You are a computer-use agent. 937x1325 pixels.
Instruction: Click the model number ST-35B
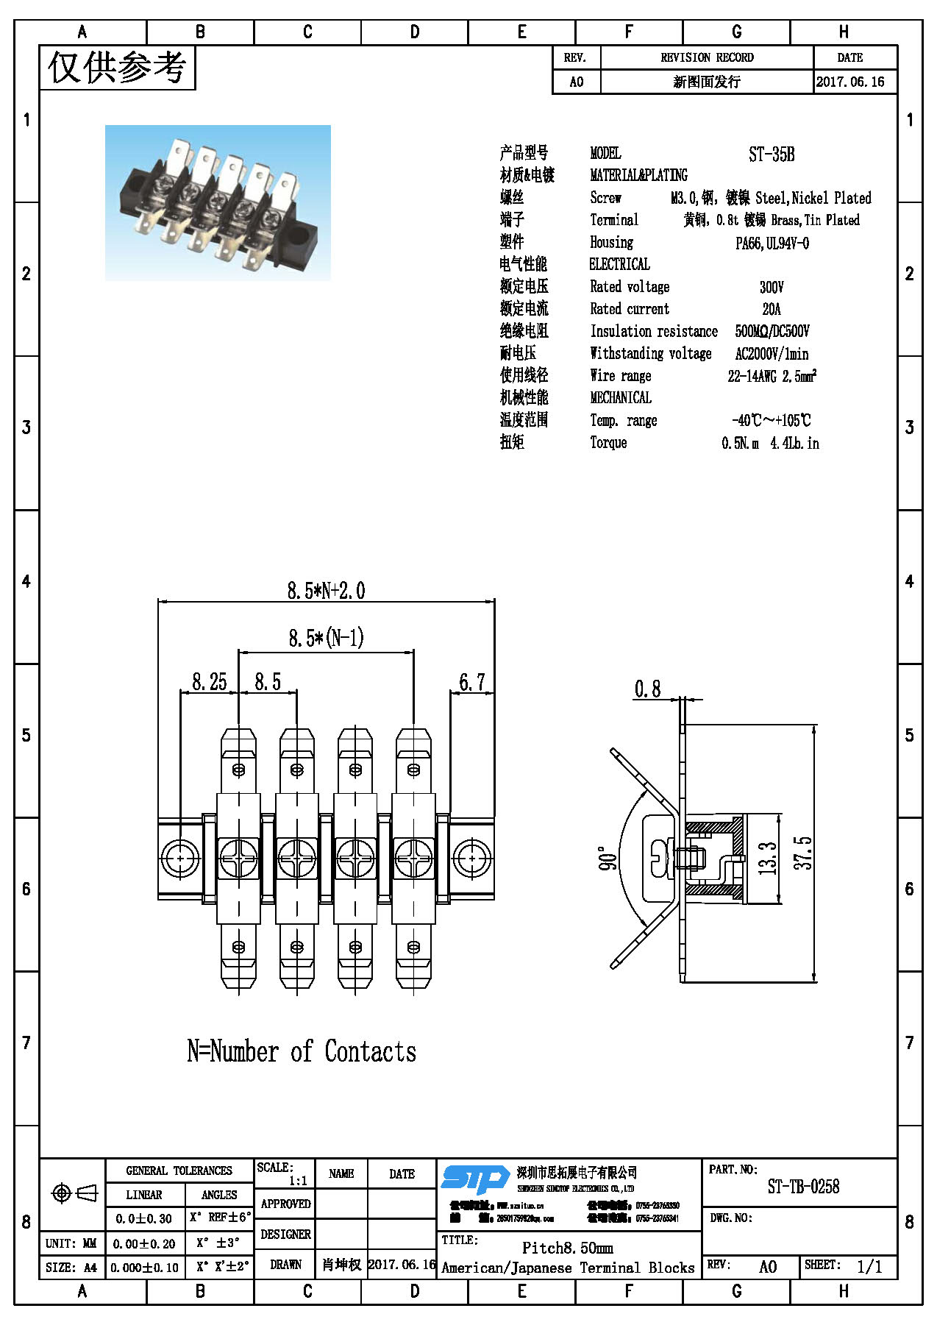coord(772,154)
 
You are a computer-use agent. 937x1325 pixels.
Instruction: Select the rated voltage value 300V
coord(772,287)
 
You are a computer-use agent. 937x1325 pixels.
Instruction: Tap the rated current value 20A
coord(772,309)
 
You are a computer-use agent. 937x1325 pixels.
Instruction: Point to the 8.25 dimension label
coord(210,682)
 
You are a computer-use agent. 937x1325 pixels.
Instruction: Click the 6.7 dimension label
coord(472,682)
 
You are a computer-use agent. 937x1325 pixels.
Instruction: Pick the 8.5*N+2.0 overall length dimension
coord(326,590)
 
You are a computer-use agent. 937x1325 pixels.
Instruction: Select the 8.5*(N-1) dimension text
coord(326,637)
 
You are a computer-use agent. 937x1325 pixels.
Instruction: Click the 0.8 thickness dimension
coord(647,689)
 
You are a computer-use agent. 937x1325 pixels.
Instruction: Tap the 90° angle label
coord(608,859)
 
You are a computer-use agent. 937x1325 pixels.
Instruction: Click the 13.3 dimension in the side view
coord(767,858)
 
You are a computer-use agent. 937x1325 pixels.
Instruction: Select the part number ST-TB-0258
coord(803,1186)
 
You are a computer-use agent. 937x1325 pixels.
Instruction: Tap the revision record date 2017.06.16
coord(850,82)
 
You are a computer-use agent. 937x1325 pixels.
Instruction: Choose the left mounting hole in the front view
coord(179,858)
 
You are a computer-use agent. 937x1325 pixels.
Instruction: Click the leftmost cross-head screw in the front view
coord(238,858)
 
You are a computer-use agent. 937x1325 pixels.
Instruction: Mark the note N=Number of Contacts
coord(302,1051)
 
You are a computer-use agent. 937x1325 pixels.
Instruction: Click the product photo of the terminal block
coord(218,203)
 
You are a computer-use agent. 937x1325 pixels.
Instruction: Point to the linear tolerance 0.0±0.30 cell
coord(143,1219)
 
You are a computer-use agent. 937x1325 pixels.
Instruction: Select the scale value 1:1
coord(298,1181)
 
